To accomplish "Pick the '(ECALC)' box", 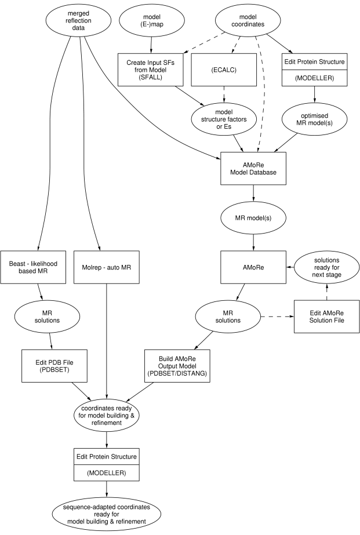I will point(224,70).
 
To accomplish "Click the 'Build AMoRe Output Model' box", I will point(179,365).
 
